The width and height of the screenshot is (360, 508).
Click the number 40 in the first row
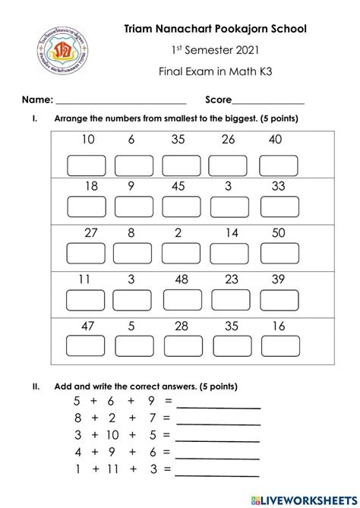pos(275,140)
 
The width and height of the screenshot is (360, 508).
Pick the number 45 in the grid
pos(178,186)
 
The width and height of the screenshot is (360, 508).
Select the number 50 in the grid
pos(277,233)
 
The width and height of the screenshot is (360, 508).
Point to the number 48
pos(179,279)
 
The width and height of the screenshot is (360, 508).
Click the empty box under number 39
pos(277,301)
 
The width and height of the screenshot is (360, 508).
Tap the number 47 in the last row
pos(88,326)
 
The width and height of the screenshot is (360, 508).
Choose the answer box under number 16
pos(277,349)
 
